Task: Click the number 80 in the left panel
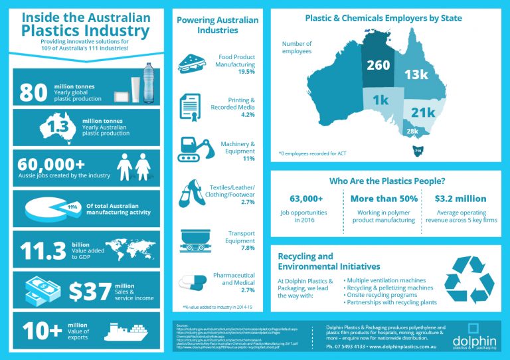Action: [x=34, y=92]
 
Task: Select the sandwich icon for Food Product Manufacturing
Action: [x=193, y=64]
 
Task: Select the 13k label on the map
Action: [x=416, y=74]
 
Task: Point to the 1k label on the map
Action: [x=381, y=100]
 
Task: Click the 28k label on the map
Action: [x=413, y=132]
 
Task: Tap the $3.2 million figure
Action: [x=460, y=198]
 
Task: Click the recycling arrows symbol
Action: [x=469, y=283]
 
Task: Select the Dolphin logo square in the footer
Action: [x=473, y=329]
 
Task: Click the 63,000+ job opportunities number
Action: [x=307, y=198]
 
